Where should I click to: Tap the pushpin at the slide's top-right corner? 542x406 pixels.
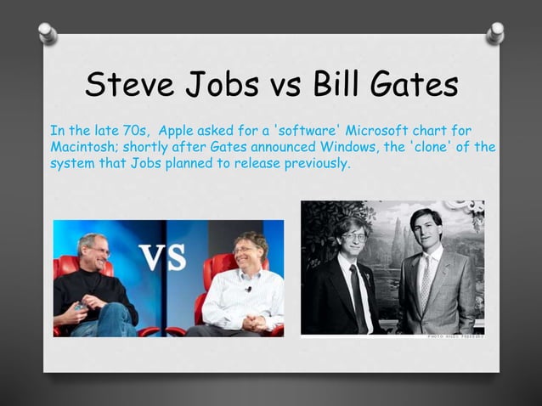(x=494, y=32)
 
